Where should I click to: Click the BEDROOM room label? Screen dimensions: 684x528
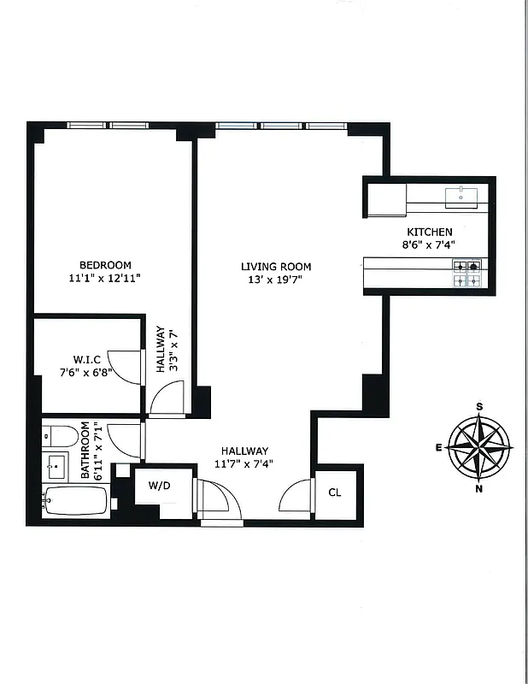coord(105,265)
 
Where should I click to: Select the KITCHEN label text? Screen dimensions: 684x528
coord(429,232)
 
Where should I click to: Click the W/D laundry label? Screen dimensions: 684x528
coord(159,486)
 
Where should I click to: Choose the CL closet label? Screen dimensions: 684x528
coord(335,492)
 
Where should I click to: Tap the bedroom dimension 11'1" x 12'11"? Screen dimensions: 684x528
coord(105,279)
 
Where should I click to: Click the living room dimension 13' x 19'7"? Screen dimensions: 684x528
coord(275,280)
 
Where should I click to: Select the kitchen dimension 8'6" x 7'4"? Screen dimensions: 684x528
coord(429,245)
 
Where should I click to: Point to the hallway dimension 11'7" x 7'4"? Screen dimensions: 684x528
coord(245,464)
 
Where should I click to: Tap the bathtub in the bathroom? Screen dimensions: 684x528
coord(74,501)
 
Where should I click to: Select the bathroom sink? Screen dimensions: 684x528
coord(57,467)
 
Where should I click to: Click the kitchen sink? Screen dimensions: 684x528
coord(464,196)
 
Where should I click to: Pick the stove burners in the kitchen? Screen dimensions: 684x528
coord(466,273)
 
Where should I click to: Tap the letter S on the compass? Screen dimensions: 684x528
coord(480,406)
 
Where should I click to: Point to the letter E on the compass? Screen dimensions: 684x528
coord(438,447)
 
